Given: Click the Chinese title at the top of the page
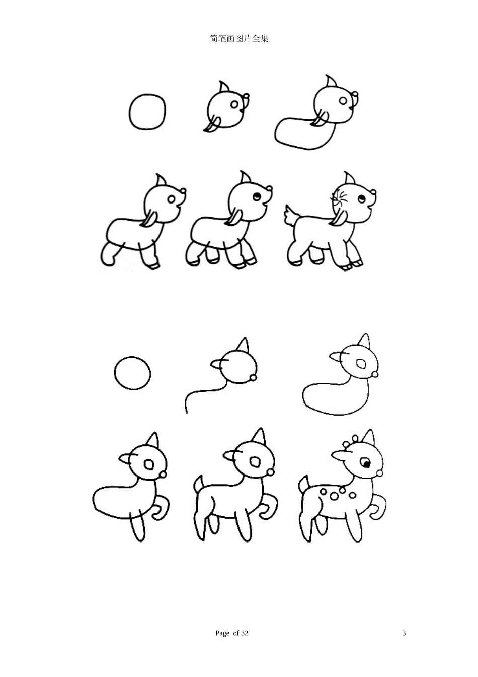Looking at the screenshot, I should (x=238, y=39).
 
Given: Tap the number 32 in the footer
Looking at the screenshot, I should (x=244, y=633).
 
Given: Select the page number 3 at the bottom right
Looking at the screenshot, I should (x=404, y=633).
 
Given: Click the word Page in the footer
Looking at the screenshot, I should (x=222, y=633).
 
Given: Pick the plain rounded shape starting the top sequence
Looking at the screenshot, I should (x=147, y=112).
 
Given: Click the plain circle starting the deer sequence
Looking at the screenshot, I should (x=132, y=373).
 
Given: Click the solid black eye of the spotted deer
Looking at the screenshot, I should (x=365, y=462).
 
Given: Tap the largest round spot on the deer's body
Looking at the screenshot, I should (x=333, y=496).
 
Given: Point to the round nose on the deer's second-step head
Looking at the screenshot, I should (x=253, y=377).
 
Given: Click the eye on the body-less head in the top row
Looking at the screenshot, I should (x=234, y=105).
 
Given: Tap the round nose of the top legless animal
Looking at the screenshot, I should (x=357, y=94).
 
